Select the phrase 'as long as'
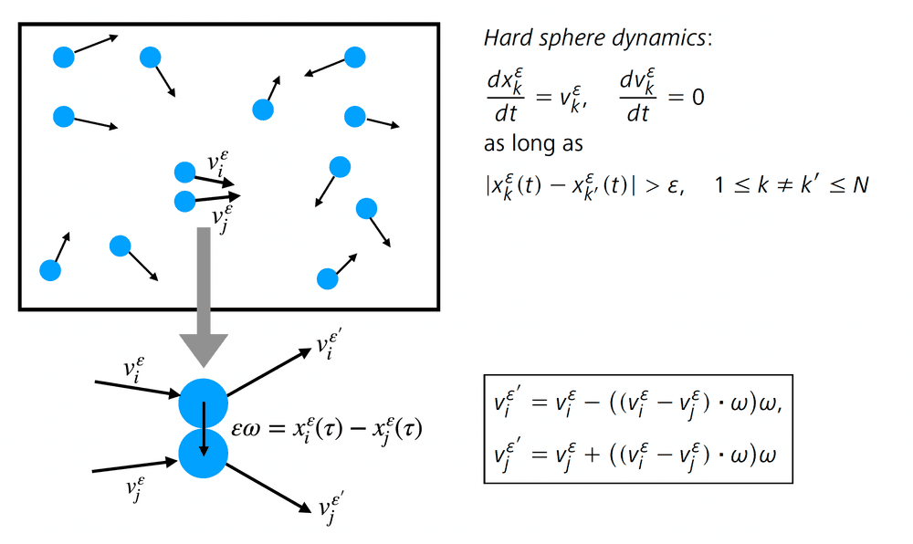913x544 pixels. (x=533, y=143)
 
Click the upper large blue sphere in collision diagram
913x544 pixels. (x=203, y=402)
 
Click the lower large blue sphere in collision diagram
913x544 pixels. (x=203, y=452)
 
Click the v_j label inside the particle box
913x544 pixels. (x=221, y=215)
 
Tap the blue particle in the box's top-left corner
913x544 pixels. (x=63, y=58)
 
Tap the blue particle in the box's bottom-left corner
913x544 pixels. (x=50, y=270)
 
